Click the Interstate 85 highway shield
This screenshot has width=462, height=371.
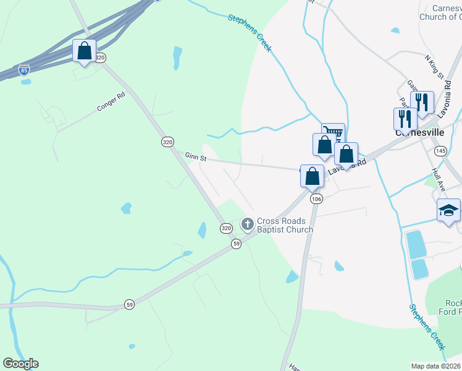click(x=23, y=69)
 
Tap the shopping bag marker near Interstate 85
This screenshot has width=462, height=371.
click(x=84, y=51)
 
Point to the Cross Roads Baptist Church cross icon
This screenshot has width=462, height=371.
click(x=248, y=224)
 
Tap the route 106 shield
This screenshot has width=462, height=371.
click(x=316, y=198)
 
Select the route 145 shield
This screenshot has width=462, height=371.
click(x=440, y=151)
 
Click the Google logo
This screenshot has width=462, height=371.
click(x=20, y=364)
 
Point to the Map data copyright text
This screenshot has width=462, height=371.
click(x=436, y=366)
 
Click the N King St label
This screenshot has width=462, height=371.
click(x=435, y=66)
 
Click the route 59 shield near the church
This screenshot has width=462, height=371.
click(x=236, y=244)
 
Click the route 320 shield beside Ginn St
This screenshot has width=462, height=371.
click(x=167, y=142)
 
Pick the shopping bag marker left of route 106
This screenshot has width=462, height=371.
click(x=313, y=176)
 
